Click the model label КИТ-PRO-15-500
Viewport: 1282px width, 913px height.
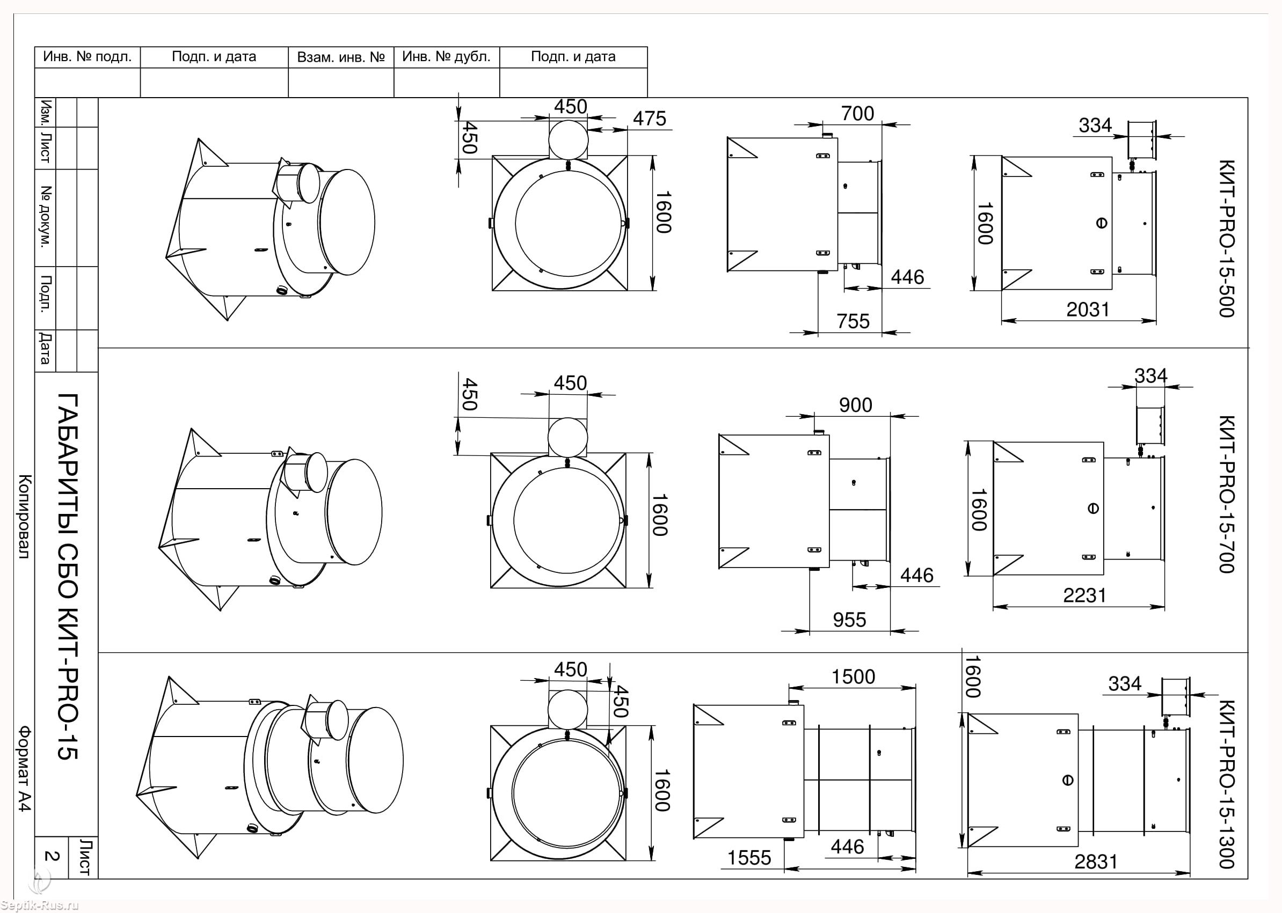[1226, 238]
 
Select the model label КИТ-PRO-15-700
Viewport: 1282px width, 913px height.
[1226, 494]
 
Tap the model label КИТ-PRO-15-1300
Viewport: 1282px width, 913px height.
[1226, 784]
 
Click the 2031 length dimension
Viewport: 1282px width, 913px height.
[1087, 310]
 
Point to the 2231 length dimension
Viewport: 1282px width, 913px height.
[1084, 595]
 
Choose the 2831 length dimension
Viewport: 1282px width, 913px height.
[1095, 862]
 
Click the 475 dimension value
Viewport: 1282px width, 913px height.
[649, 119]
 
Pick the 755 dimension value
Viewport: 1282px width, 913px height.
[853, 321]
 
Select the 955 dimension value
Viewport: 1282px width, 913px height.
[849, 620]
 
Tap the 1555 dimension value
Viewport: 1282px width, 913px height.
[749, 858]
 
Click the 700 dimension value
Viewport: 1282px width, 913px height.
[858, 114]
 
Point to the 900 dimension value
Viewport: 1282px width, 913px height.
[856, 406]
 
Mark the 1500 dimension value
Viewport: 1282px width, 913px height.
[854, 677]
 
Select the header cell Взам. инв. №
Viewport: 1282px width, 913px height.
[341, 57]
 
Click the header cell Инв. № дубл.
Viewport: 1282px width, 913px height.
[447, 57]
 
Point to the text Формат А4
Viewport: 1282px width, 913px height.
[25, 769]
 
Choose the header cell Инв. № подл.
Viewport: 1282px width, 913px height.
[87, 57]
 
